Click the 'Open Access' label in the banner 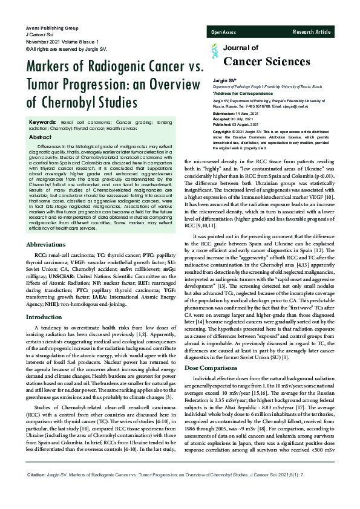point(223,31)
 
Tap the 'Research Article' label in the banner point(312,31)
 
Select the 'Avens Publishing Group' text point(53,28)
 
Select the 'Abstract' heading point(40,137)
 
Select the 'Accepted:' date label point(223,118)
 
